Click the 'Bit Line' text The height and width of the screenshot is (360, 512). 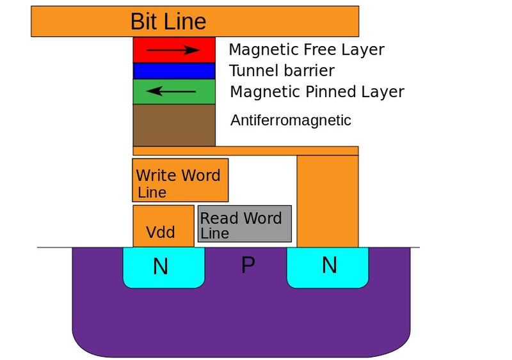(x=168, y=21)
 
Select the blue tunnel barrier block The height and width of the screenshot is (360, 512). (x=174, y=70)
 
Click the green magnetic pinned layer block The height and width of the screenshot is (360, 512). (x=174, y=91)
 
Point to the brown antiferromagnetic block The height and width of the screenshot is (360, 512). (x=174, y=125)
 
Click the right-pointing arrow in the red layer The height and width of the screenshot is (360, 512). (x=173, y=49)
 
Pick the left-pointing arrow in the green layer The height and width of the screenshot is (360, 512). (x=171, y=91)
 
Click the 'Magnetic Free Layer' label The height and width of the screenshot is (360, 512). (x=306, y=49)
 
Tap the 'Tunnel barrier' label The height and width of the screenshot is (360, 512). (x=282, y=70)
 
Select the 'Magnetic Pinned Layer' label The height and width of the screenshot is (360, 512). (x=317, y=92)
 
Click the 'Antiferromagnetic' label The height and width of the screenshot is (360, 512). (x=291, y=120)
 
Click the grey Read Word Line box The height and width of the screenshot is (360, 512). (x=244, y=224)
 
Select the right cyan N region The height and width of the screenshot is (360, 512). (x=328, y=266)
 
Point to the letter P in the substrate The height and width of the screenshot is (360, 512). (x=248, y=265)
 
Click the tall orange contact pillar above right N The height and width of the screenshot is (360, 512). (x=328, y=201)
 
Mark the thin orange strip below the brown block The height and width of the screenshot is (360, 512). (x=246, y=151)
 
